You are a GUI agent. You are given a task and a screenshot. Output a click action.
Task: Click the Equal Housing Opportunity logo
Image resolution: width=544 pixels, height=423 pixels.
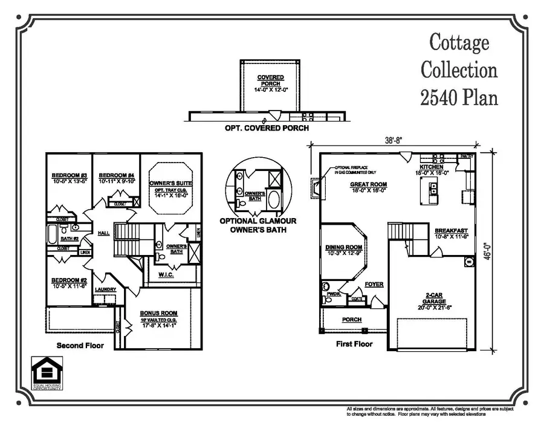[x=47, y=373]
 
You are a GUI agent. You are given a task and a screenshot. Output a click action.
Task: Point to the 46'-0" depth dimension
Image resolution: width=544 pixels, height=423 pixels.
[x=504, y=247]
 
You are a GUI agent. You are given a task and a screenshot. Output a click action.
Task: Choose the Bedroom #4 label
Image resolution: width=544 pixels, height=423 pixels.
[x=116, y=176]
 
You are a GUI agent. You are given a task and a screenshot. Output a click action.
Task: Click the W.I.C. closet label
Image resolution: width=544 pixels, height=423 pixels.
[x=166, y=275]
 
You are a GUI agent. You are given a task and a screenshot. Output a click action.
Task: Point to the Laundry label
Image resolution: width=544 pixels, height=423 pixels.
[x=106, y=289]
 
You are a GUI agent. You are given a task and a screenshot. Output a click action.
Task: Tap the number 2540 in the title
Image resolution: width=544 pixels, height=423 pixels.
[x=441, y=97]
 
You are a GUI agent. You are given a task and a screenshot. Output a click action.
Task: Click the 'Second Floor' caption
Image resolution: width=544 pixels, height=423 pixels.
[x=80, y=346]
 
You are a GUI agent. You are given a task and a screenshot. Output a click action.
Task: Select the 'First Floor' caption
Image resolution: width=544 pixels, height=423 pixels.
[x=354, y=344]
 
